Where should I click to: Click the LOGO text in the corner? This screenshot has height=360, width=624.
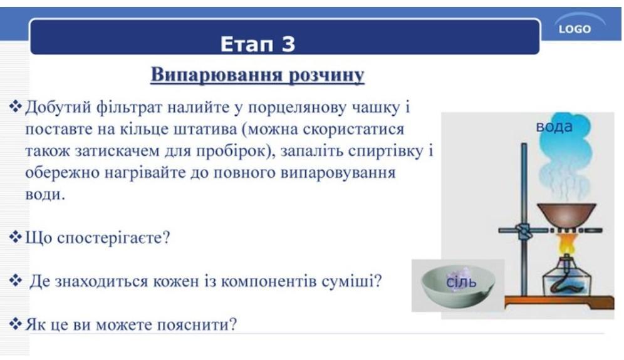click(575, 29)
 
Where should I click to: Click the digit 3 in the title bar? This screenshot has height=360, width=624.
click(289, 44)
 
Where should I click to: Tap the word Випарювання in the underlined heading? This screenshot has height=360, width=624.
click(217, 75)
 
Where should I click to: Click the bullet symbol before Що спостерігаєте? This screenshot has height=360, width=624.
click(16, 237)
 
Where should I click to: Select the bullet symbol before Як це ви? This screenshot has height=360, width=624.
click(16, 324)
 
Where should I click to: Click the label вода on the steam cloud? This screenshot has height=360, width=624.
click(554, 126)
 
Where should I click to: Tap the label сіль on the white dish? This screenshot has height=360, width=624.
click(461, 282)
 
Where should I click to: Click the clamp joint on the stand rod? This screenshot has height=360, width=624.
click(524, 231)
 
